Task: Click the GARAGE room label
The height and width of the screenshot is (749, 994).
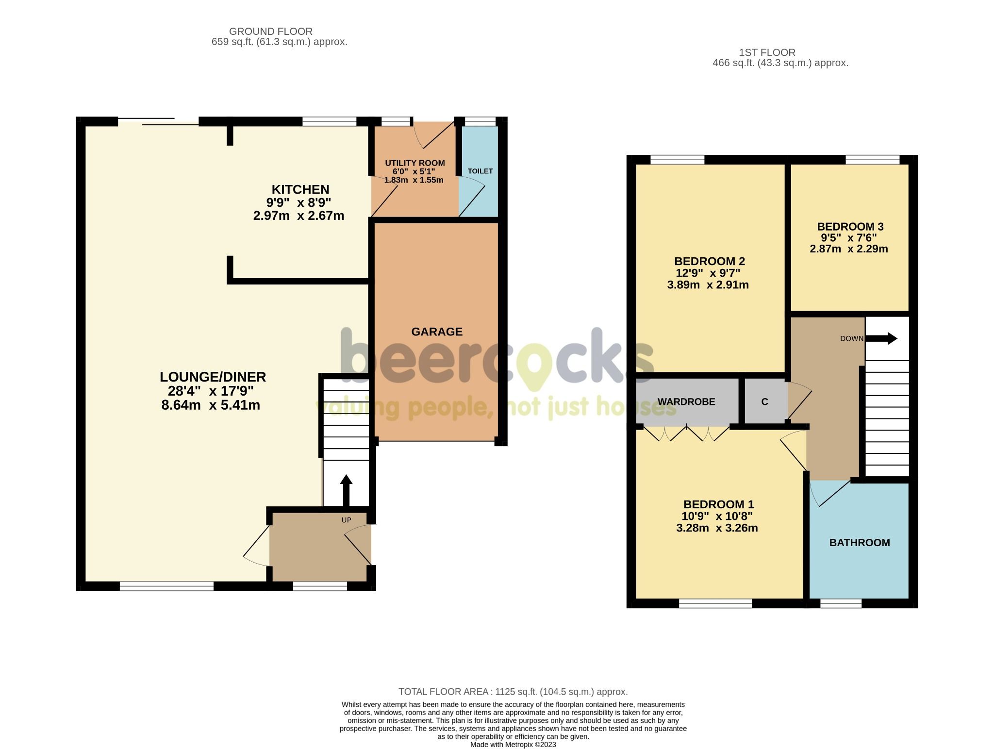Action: pos(437,332)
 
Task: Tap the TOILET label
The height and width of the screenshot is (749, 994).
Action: pos(480,171)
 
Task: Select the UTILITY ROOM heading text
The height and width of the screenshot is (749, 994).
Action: pos(414,163)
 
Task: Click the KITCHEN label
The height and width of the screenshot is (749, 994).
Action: pos(300,189)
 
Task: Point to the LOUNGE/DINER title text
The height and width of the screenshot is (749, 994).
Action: pos(213,377)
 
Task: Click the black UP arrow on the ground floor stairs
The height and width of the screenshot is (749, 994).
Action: pos(346,490)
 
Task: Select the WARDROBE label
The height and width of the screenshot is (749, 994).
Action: pos(686,401)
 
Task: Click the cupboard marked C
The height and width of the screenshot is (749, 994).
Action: pos(764,401)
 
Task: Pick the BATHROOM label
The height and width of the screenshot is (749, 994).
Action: pos(859,542)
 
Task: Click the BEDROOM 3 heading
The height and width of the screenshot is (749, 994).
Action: pos(850,226)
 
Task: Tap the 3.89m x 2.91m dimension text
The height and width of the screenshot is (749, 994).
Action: pos(708,285)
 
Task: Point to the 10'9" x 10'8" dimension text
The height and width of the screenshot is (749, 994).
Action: pos(717,516)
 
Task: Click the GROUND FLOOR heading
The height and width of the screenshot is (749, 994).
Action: pos(270,32)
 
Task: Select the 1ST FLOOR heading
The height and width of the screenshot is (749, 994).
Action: pos(767,52)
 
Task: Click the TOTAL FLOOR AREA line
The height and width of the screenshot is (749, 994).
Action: pos(513,691)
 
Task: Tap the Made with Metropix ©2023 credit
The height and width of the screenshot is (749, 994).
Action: pos(513,744)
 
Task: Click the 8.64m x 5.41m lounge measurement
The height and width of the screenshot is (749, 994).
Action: pos(211,405)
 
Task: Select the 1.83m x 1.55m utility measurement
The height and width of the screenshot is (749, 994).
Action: pos(414,180)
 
